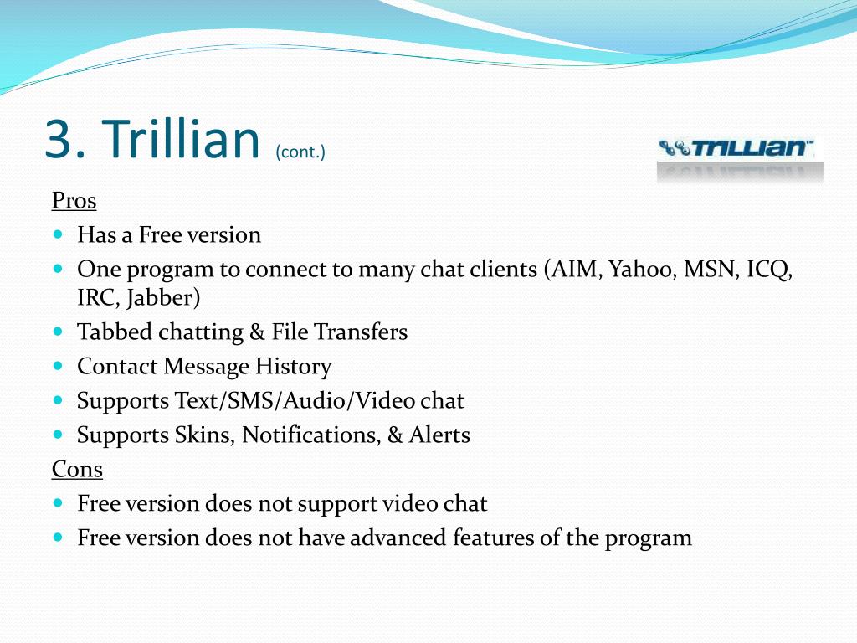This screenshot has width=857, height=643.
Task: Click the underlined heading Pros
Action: tap(74, 201)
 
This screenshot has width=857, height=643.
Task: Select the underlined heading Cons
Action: tap(77, 469)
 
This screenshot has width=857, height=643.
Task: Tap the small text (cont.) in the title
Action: tap(300, 152)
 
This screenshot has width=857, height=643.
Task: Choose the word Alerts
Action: tap(439, 435)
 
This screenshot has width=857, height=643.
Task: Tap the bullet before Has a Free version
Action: tap(59, 234)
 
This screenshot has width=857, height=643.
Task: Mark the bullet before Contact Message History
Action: tap(59, 366)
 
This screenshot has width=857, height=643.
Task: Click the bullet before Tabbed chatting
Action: tap(59, 332)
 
